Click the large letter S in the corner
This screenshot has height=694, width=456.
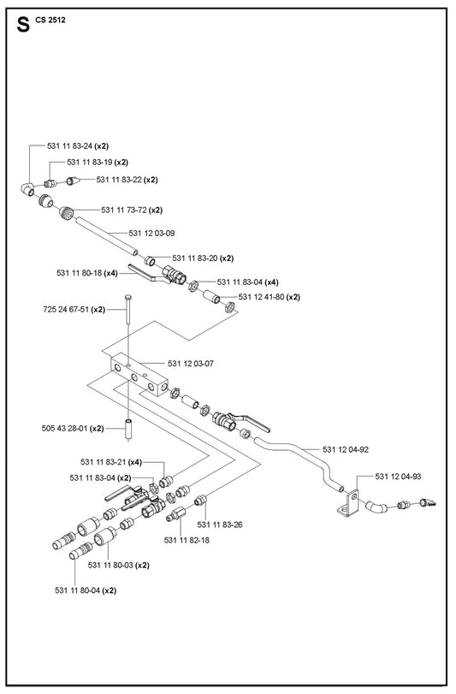coord(23,25)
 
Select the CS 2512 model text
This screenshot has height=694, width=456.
coord(50,20)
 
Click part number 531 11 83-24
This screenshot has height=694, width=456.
coord(70,146)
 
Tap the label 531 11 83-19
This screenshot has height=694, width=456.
coord(90,163)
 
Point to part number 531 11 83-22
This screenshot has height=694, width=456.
coord(120,180)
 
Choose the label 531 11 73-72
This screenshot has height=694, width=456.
coord(124,210)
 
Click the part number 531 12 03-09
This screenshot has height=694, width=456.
coord(151,234)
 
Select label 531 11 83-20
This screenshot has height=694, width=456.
coord(196,258)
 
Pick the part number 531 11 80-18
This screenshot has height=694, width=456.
coord(80,273)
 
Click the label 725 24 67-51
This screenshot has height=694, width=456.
coord(67,310)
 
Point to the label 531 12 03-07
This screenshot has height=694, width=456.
coord(191,364)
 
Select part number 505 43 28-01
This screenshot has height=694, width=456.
coord(65,429)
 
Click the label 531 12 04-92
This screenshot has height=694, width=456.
coord(346,449)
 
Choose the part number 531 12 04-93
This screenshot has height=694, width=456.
coord(398,477)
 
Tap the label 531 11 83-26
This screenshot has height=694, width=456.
coord(220,525)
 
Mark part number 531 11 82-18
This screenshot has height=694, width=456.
coord(187,541)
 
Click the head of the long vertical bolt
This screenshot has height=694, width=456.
coord(128,297)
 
